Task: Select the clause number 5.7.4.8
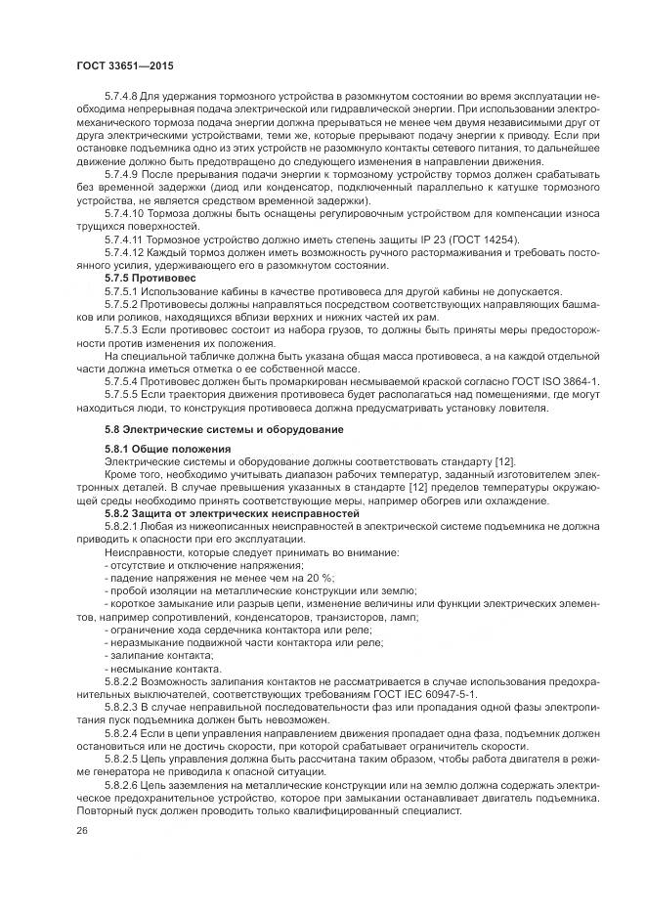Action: (121, 99)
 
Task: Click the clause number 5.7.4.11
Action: (124, 240)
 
